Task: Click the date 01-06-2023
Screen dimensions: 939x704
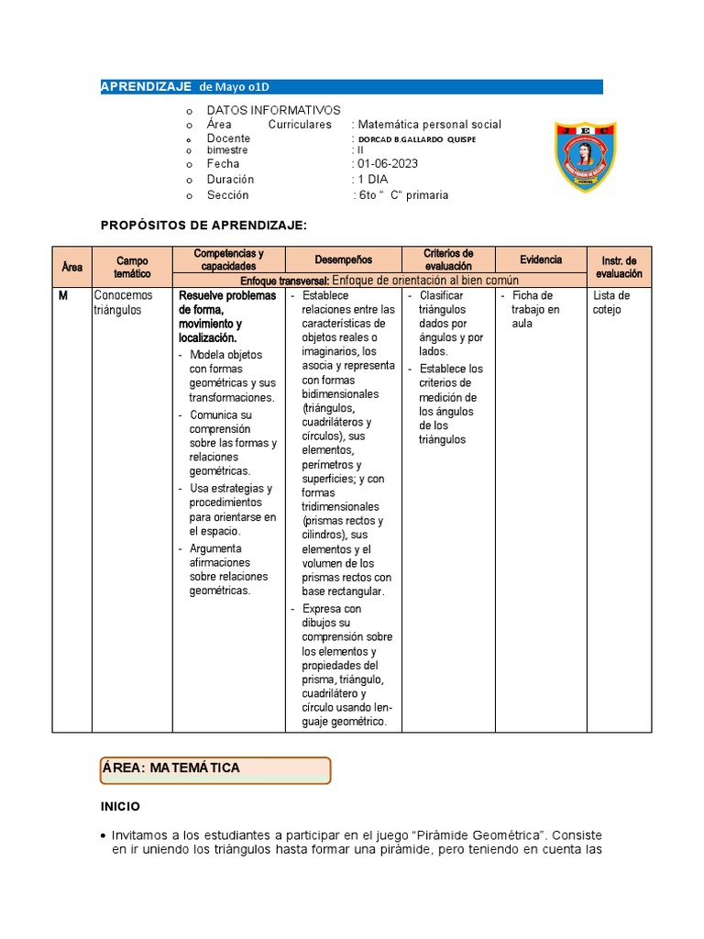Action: [388, 164]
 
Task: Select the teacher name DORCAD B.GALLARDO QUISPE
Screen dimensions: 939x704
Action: [417, 139]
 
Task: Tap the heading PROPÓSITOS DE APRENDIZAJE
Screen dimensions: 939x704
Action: [203, 225]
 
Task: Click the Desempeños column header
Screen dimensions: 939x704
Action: [344, 260]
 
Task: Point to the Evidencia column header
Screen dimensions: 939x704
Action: [541, 260]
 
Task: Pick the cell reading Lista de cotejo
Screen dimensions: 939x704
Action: [611, 303]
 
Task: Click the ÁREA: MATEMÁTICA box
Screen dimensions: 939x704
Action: [214, 769]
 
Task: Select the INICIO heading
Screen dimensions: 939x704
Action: [120, 807]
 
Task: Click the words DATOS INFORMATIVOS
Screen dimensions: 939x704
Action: [273, 110]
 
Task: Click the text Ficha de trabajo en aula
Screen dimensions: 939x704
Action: [535, 309]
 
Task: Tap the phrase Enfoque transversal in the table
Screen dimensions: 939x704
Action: [283, 281]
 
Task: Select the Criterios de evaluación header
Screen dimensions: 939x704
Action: [448, 260]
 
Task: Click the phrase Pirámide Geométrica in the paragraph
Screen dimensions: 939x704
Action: [478, 835]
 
